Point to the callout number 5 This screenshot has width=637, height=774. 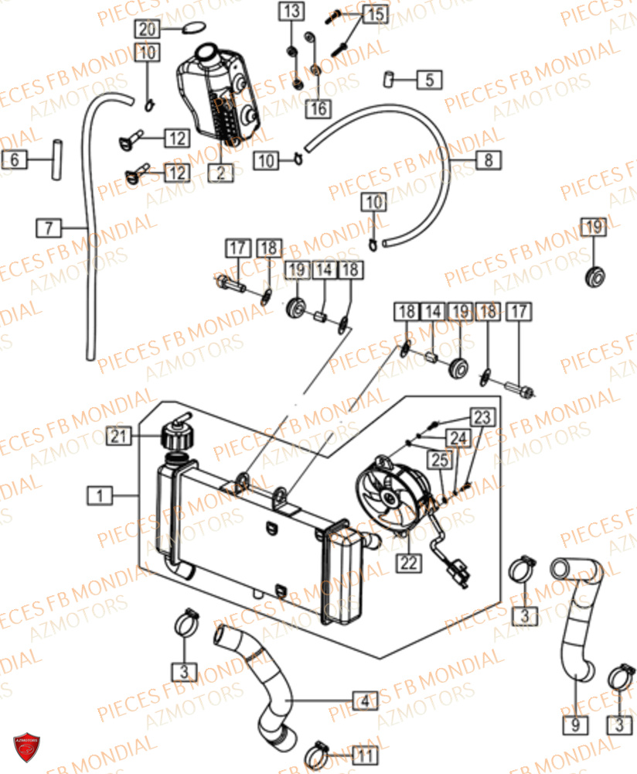429,79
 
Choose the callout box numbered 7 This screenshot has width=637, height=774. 49,228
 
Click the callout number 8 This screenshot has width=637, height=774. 488,160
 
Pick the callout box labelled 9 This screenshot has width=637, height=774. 576,725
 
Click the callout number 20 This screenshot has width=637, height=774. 148,29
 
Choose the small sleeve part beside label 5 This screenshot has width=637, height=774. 390,78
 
